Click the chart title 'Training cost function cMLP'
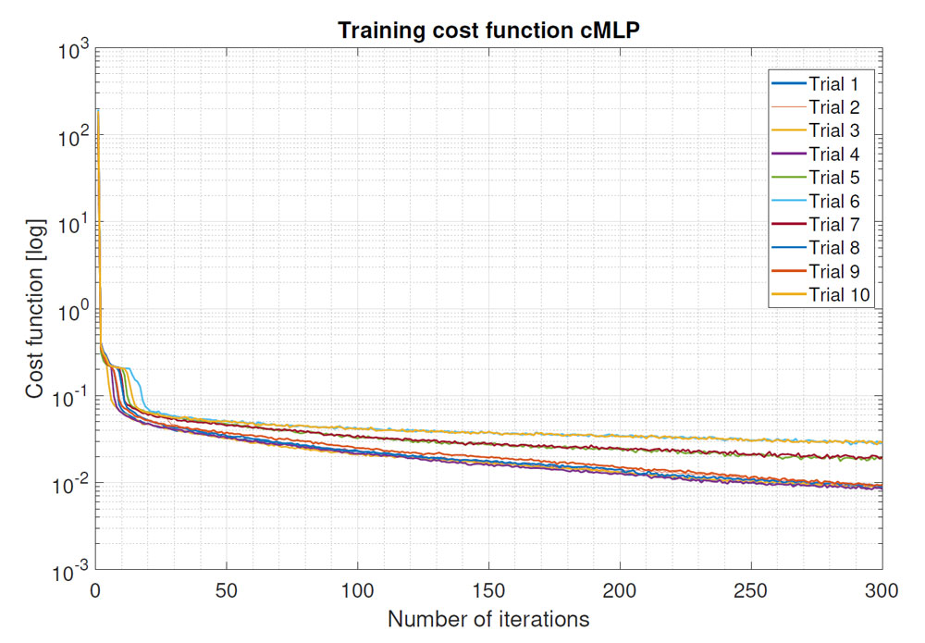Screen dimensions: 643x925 coord(488,30)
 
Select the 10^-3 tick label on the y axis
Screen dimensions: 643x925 coord(70,573)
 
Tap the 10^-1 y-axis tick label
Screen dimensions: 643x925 coord(70,398)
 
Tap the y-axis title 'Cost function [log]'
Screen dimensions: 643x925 coord(33,310)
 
